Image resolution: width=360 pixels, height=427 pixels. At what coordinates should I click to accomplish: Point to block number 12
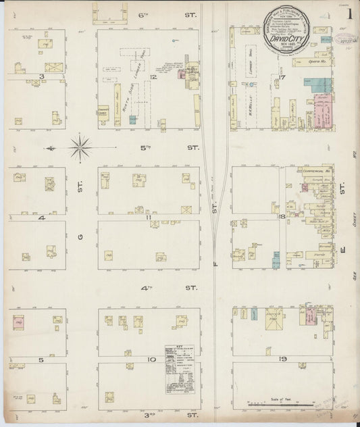[155, 76]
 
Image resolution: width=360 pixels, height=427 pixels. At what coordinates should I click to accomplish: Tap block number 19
[283, 358]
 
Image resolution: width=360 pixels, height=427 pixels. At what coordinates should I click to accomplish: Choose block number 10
[153, 359]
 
